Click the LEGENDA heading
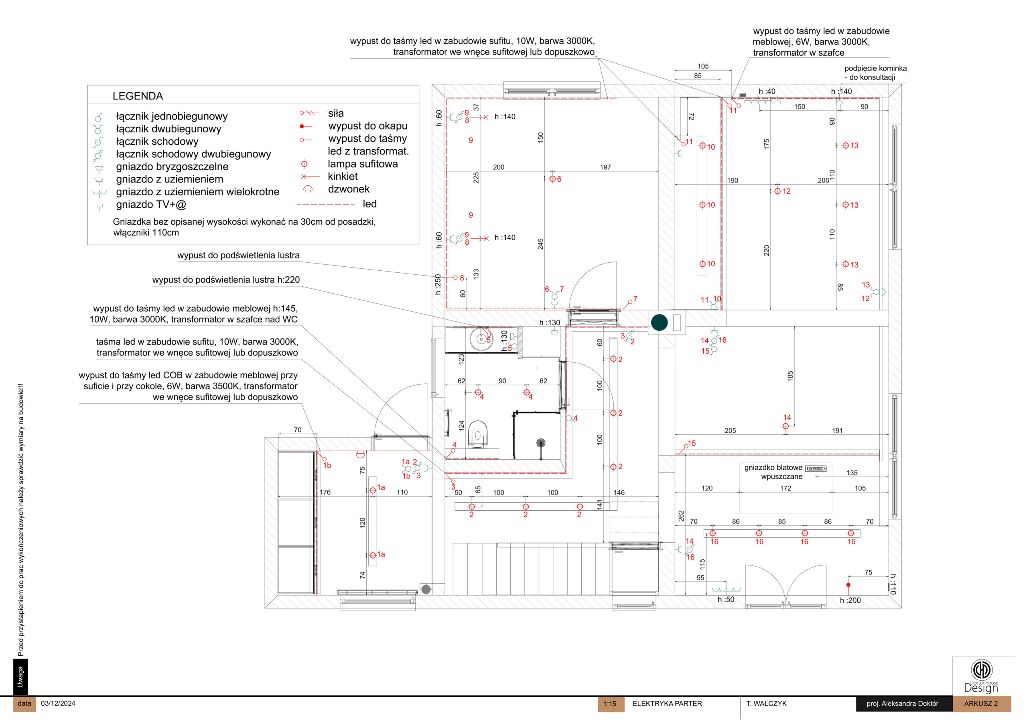137,96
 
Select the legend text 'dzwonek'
349,189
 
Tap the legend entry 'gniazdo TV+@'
151,205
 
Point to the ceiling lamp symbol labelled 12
777,191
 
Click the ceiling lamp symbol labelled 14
785,426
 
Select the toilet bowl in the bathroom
477,434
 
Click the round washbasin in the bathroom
481,338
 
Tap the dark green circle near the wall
659,322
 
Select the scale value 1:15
609,704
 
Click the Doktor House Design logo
981,676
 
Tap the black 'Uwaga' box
20,676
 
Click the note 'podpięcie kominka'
875,69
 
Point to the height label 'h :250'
438,284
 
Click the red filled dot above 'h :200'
848,585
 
